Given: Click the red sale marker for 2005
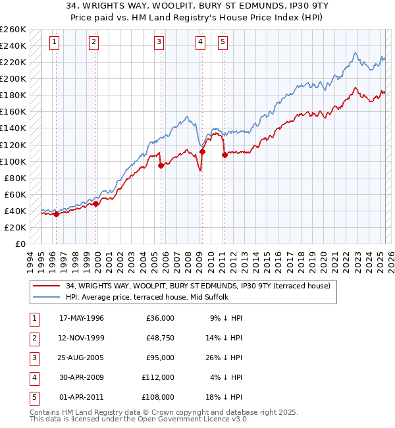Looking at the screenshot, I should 161,165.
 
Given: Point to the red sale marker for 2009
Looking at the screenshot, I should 202,151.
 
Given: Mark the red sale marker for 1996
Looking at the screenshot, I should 57,214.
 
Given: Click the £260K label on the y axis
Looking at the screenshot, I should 13,30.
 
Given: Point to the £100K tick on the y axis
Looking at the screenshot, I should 13,161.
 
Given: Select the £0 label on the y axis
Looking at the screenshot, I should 20,244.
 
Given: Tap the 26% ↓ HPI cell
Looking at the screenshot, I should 228,358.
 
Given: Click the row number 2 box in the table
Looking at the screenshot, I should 34,338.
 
